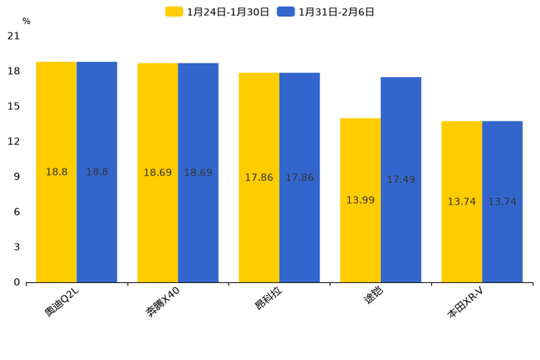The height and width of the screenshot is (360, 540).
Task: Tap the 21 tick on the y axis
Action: pos(14,36)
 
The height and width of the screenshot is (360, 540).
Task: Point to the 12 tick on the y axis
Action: pos(14,142)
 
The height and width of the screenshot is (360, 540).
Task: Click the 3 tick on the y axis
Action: pos(17,247)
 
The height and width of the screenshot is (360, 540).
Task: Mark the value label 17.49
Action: pos(401,180)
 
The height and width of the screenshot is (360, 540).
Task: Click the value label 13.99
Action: pos(360,200)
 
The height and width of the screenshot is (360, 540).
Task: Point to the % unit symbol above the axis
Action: pos(26,21)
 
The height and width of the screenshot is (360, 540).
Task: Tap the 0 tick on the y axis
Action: pos(17,282)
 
